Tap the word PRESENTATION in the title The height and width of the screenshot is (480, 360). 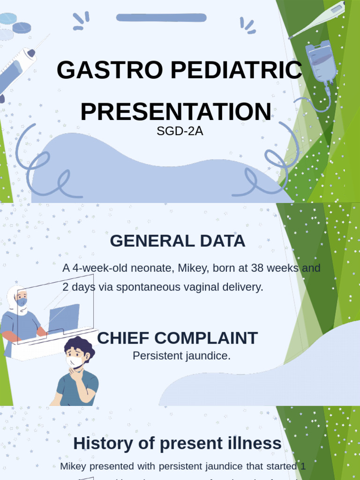tap(175, 112)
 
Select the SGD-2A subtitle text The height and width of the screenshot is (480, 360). tap(180, 131)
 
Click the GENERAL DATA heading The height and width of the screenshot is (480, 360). tap(177, 241)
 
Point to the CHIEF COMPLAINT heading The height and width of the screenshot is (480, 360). tap(177, 338)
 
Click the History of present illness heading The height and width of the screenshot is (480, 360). tap(177, 443)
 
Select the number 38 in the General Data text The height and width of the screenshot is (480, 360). tap(257, 269)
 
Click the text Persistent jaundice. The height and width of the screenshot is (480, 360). tap(181, 356)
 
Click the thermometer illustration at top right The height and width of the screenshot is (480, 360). tap(319, 19)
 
